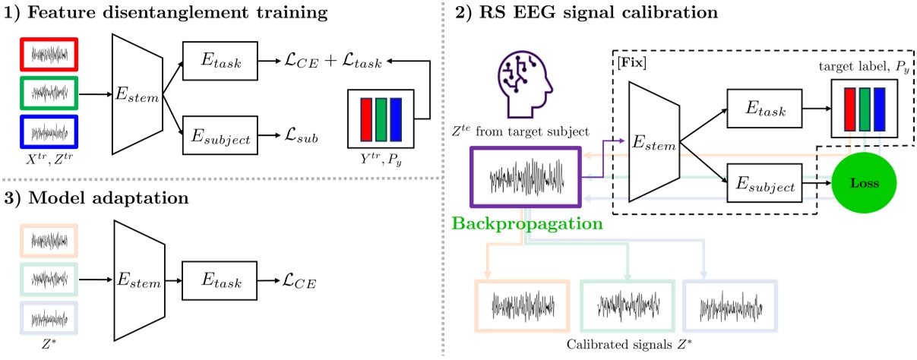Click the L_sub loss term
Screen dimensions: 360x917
[298, 139]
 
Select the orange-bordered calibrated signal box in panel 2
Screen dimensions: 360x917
[521, 305]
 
